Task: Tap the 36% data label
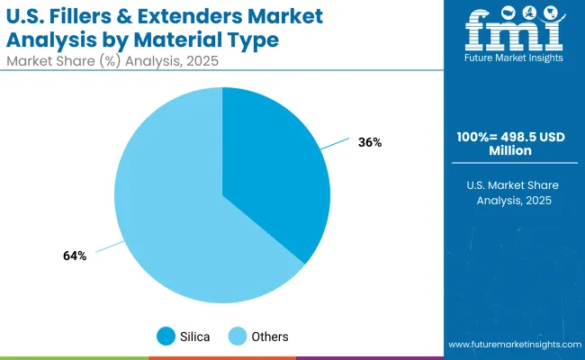pos(369,142)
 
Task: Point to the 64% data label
pos(75,256)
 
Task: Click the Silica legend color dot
pos(166,336)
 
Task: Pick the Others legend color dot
pos(238,336)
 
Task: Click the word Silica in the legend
pos(195,337)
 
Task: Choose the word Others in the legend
pos(270,337)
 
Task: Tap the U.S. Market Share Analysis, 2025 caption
pos(512,192)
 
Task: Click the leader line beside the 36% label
pos(336,144)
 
